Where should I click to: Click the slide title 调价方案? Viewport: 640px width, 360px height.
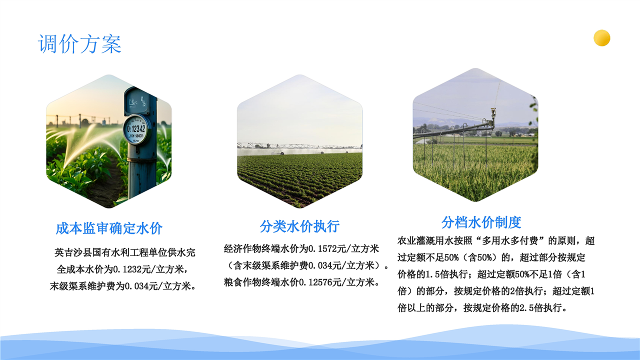(x=79, y=44)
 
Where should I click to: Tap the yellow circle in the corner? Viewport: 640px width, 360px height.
(x=601, y=37)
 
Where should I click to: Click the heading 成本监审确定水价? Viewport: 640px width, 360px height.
(x=109, y=228)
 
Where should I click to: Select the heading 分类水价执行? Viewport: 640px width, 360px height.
(x=299, y=226)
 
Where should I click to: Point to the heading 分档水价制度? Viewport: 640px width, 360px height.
(x=481, y=222)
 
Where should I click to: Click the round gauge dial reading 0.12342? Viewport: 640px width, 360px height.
(x=137, y=129)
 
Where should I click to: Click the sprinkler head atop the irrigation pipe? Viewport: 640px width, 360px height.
(x=493, y=112)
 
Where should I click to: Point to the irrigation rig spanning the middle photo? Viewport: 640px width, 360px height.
(x=299, y=146)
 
